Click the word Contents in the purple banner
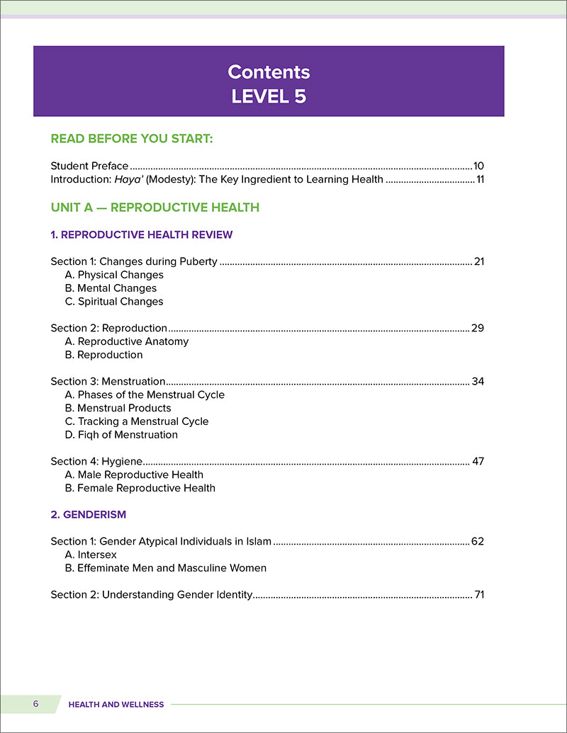(x=269, y=72)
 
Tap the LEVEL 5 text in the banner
(x=269, y=96)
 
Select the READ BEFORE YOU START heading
(x=132, y=139)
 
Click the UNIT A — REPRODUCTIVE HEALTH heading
(x=155, y=208)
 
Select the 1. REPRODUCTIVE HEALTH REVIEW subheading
(x=142, y=234)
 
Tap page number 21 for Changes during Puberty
(x=478, y=261)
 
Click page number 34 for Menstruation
(x=478, y=381)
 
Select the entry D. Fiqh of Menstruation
(x=121, y=434)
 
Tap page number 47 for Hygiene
(x=478, y=461)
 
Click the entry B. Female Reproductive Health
(x=140, y=488)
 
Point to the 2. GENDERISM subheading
(x=89, y=515)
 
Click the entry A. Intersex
(x=91, y=555)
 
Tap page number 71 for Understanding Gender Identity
(x=479, y=595)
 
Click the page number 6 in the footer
(x=35, y=704)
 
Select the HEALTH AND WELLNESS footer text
(x=116, y=705)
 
